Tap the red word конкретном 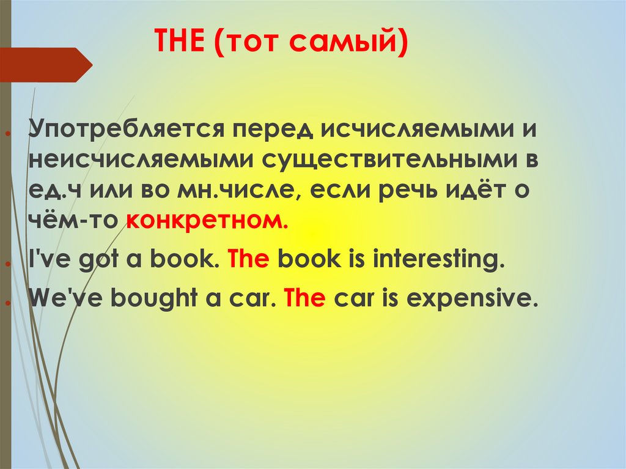tap(207, 221)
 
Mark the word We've tap(63, 298)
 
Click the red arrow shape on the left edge tap(46, 65)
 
